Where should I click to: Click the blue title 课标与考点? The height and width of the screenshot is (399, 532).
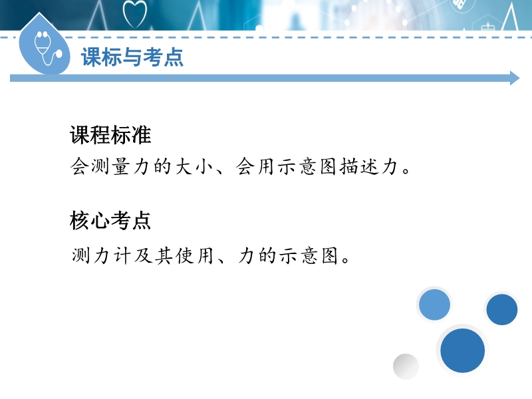[x=132, y=57]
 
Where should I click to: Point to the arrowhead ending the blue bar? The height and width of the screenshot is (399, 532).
[x=515, y=78]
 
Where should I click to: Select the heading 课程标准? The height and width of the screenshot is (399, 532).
[x=110, y=135]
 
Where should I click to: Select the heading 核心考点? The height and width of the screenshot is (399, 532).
[x=110, y=221]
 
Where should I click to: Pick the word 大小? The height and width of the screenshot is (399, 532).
[x=195, y=167]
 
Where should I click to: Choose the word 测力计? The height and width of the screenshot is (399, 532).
[x=101, y=255]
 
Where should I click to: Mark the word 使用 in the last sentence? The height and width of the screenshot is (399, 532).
[x=195, y=255]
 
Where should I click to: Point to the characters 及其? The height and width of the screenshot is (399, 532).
[x=153, y=255]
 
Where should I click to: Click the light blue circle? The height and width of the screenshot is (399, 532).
[x=434, y=305]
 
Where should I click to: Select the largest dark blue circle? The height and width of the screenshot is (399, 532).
[x=462, y=350]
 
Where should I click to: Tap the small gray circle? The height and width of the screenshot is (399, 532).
[x=406, y=366]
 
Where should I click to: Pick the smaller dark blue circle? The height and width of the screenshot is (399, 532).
[x=502, y=309]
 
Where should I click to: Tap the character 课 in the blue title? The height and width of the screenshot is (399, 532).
[x=91, y=57]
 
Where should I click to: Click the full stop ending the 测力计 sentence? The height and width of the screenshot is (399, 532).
[x=346, y=261]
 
